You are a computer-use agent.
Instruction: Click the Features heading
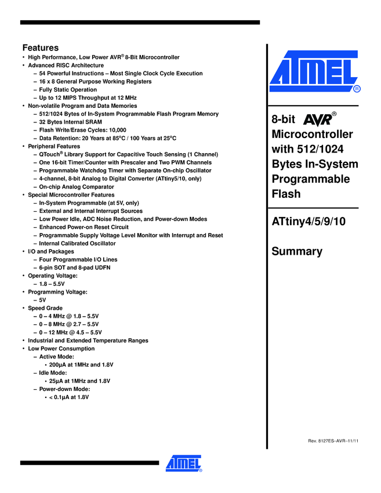click(x=40, y=47)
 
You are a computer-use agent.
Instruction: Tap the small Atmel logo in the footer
click(x=183, y=463)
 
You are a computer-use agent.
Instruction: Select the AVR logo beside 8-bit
click(x=320, y=119)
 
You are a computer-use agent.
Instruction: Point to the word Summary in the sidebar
click(x=296, y=251)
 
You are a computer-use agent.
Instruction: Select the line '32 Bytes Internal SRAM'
click(x=70, y=122)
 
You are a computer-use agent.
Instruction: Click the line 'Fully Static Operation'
click(x=68, y=90)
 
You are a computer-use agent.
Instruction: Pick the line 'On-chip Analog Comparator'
click(x=77, y=187)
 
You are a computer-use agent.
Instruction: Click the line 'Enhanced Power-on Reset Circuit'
click(x=84, y=227)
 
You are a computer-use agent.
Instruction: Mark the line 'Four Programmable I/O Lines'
click(x=78, y=260)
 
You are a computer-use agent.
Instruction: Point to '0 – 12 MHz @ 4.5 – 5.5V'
click(x=72, y=332)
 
